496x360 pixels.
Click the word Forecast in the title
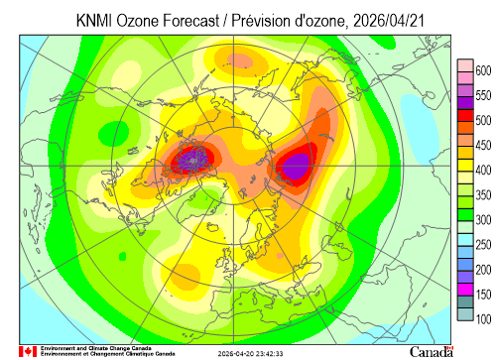click(190, 21)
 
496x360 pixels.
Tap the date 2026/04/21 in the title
click(389, 21)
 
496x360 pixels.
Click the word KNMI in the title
click(93, 21)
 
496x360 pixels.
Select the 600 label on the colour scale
click(483, 70)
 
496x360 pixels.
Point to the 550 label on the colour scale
click(483, 95)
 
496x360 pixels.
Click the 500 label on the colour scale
click(483, 120)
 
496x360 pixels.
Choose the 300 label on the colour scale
click(483, 220)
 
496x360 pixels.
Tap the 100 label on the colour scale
click(483, 319)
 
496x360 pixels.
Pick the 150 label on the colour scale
click(483, 295)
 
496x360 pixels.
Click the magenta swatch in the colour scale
click(465, 290)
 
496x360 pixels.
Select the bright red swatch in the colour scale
click(465, 116)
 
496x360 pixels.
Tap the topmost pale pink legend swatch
click(465, 65)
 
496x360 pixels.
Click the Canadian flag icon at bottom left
click(28, 351)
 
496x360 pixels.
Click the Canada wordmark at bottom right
click(432, 352)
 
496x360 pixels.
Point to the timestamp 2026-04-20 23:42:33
click(250, 354)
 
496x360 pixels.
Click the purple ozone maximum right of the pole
click(297, 166)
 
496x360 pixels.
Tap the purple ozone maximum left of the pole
click(193, 160)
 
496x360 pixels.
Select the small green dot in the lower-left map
click(122, 256)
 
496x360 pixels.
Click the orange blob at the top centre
click(240, 61)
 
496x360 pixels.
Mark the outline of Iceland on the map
click(213, 227)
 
